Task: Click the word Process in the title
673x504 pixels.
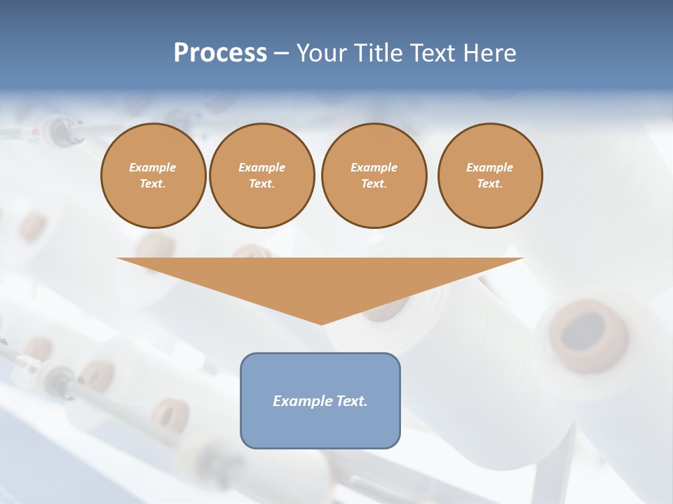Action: point(220,52)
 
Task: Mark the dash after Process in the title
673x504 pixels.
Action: point(281,54)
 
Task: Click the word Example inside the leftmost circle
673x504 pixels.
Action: point(153,167)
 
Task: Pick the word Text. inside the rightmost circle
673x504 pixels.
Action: point(490,183)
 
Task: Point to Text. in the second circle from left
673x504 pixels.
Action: point(262,183)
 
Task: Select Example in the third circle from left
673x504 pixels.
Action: point(374,167)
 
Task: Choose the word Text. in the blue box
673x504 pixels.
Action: point(351,401)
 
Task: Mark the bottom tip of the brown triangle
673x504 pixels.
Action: point(321,323)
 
